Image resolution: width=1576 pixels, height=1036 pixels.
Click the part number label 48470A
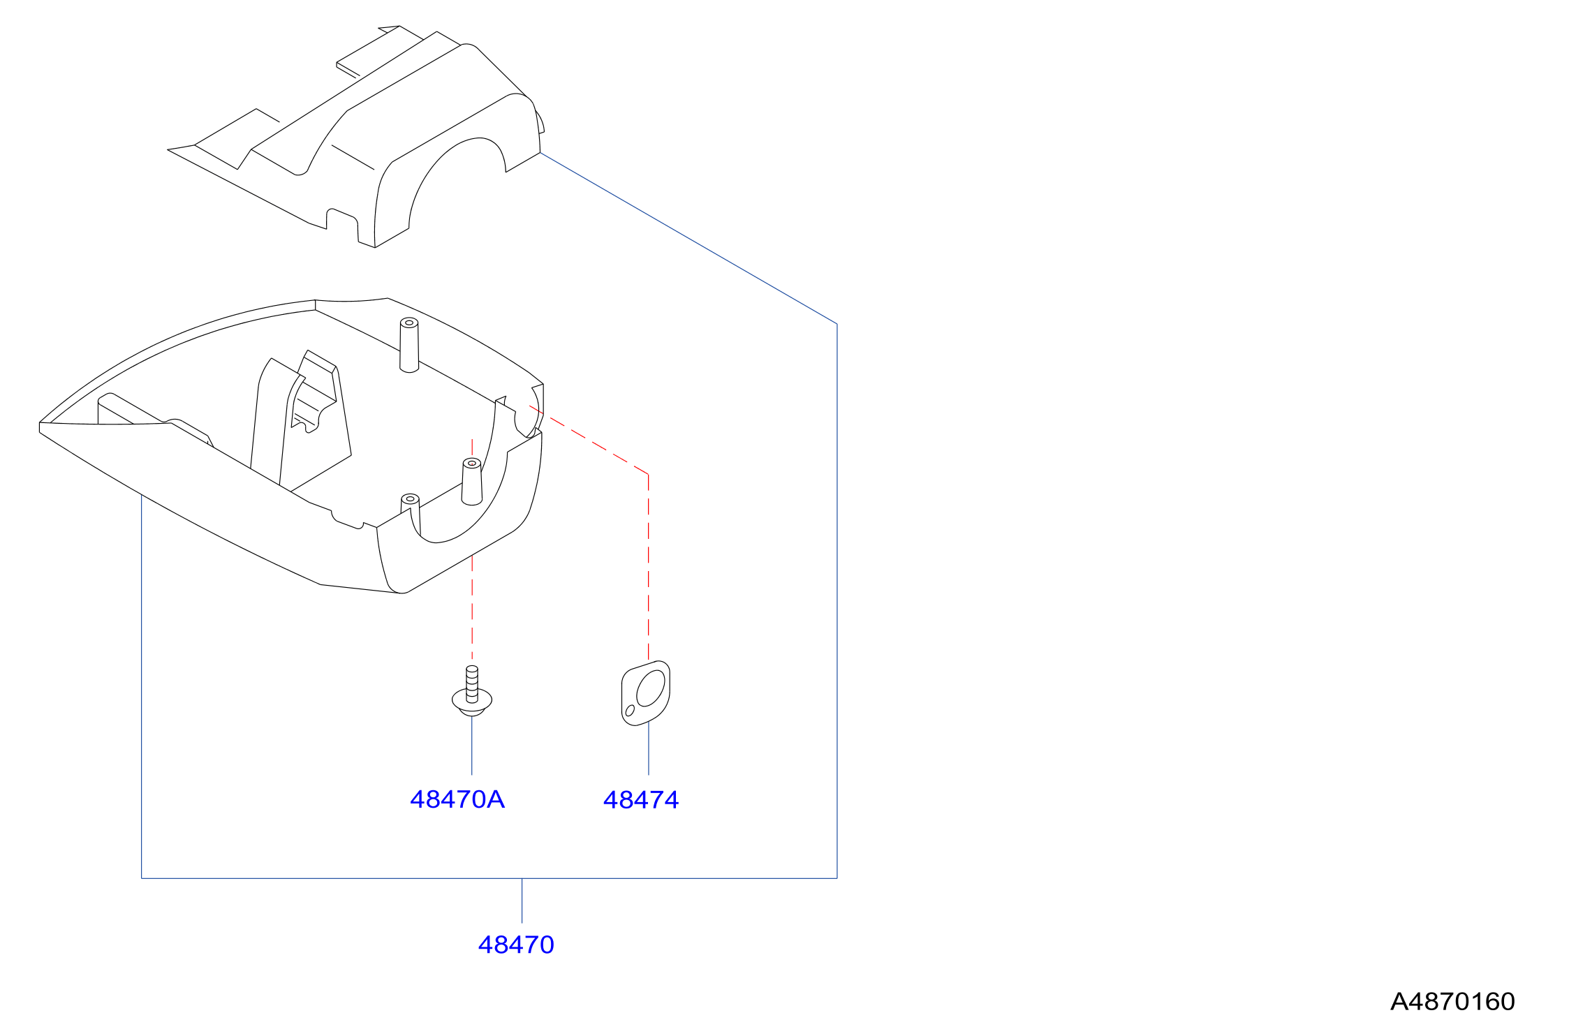click(457, 799)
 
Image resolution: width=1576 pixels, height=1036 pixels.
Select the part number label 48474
click(641, 800)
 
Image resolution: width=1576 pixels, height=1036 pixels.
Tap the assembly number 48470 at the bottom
click(516, 945)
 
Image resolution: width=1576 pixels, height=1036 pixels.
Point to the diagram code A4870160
click(1452, 1002)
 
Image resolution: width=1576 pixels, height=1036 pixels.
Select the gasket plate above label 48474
click(646, 693)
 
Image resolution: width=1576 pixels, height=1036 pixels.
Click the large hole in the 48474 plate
click(651, 688)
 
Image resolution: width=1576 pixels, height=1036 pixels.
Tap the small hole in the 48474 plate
click(630, 711)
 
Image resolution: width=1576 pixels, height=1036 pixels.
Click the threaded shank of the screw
click(472, 682)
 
